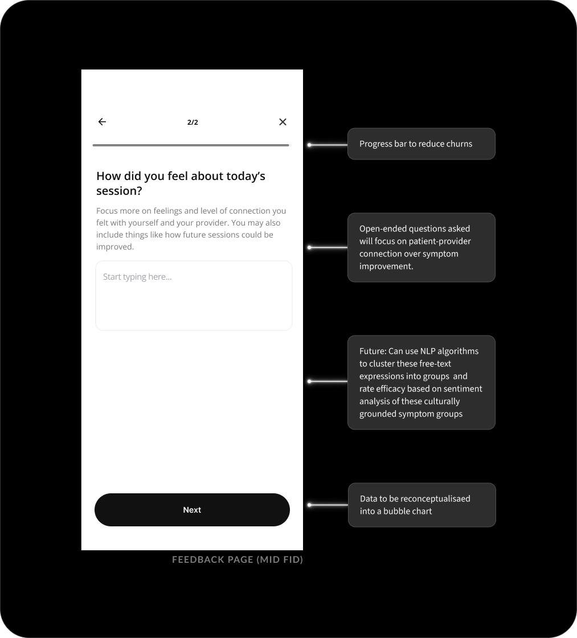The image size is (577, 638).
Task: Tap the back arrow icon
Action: (102, 121)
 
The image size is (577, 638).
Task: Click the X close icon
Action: (283, 121)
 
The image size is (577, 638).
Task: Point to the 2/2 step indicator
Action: (193, 122)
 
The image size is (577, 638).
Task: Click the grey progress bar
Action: (191, 145)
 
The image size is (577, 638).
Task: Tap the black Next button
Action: (192, 510)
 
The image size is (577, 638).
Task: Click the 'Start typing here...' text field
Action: (194, 295)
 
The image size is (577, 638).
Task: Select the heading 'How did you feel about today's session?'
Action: (181, 183)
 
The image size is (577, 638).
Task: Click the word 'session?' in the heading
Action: (119, 191)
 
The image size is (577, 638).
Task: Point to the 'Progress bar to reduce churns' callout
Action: (421, 144)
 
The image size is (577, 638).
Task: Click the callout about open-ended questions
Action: (421, 247)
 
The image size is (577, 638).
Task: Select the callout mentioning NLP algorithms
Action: (421, 382)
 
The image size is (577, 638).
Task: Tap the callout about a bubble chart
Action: (422, 505)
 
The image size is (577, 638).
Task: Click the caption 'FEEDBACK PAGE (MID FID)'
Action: (238, 559)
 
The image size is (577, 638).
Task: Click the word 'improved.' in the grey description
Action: (115, 247)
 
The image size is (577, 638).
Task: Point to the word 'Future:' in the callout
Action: (373, 351)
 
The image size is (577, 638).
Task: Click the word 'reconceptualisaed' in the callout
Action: (435, 498)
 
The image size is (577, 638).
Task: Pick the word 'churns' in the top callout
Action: (459, 144)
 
